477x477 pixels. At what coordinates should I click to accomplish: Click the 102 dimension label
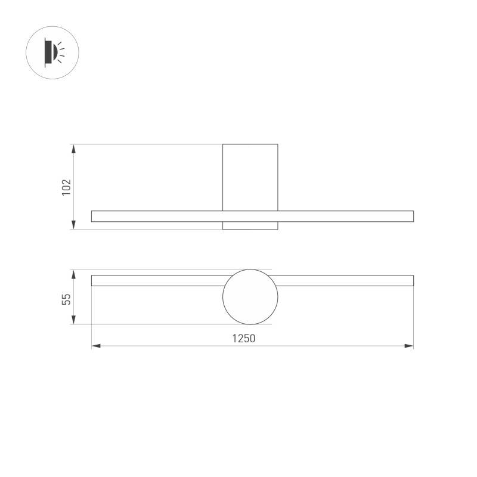[66, 187]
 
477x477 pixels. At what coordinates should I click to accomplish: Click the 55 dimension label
[66, 298]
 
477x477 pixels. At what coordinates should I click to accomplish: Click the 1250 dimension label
[243, 338]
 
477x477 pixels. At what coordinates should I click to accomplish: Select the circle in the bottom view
[250, 297]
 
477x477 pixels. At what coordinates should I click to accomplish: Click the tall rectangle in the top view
[250, 176]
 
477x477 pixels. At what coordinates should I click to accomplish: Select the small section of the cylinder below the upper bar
[250, 225]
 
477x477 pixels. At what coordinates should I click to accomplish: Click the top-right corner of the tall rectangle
[278, 144]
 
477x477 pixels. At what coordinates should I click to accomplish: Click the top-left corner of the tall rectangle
[223, 144]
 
